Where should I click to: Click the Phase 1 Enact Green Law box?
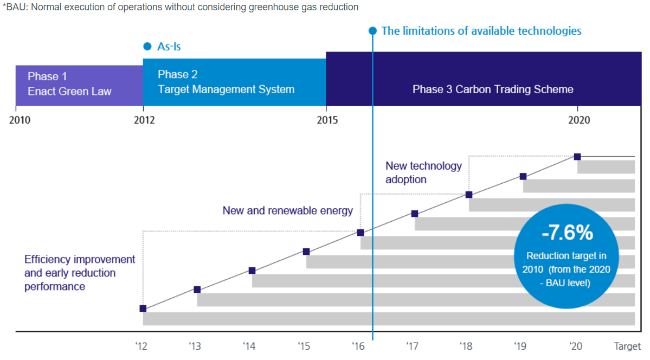(x=79, y=85)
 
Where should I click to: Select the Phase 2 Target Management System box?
(x=234, y=82)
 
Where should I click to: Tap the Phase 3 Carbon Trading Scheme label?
(x=492, y=89)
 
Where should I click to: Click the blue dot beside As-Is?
(x=147, y=47)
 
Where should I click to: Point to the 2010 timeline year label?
(x=20, y=120)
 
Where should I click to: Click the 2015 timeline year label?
(x=327, y=120)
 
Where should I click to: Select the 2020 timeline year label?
(x=579, y=120)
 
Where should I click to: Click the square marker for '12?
(x=143, y=308)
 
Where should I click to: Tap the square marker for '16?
(x=360, y=233)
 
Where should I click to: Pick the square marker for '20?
(x=577, y=157)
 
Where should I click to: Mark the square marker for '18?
(x=469, y=195)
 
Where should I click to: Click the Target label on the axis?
(x=627, y=345)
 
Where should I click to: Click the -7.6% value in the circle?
(x=567, y=233)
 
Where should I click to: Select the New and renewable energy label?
(x=287, y=210)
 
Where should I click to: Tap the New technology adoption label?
(x=423, y=172)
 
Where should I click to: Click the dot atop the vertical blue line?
(x=372, y=31)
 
